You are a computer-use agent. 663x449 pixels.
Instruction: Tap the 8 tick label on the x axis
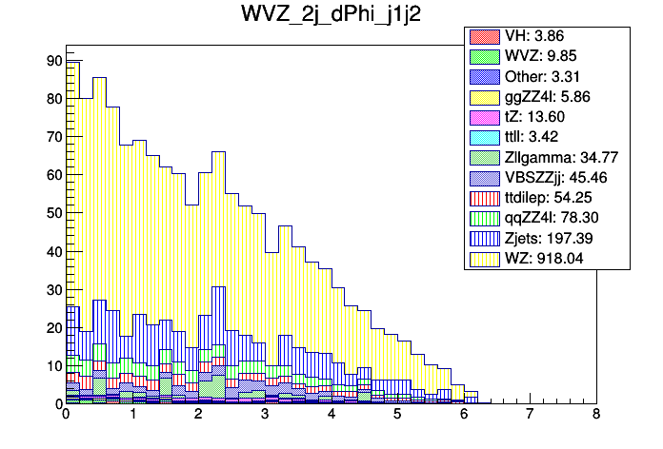tap(595, 416)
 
